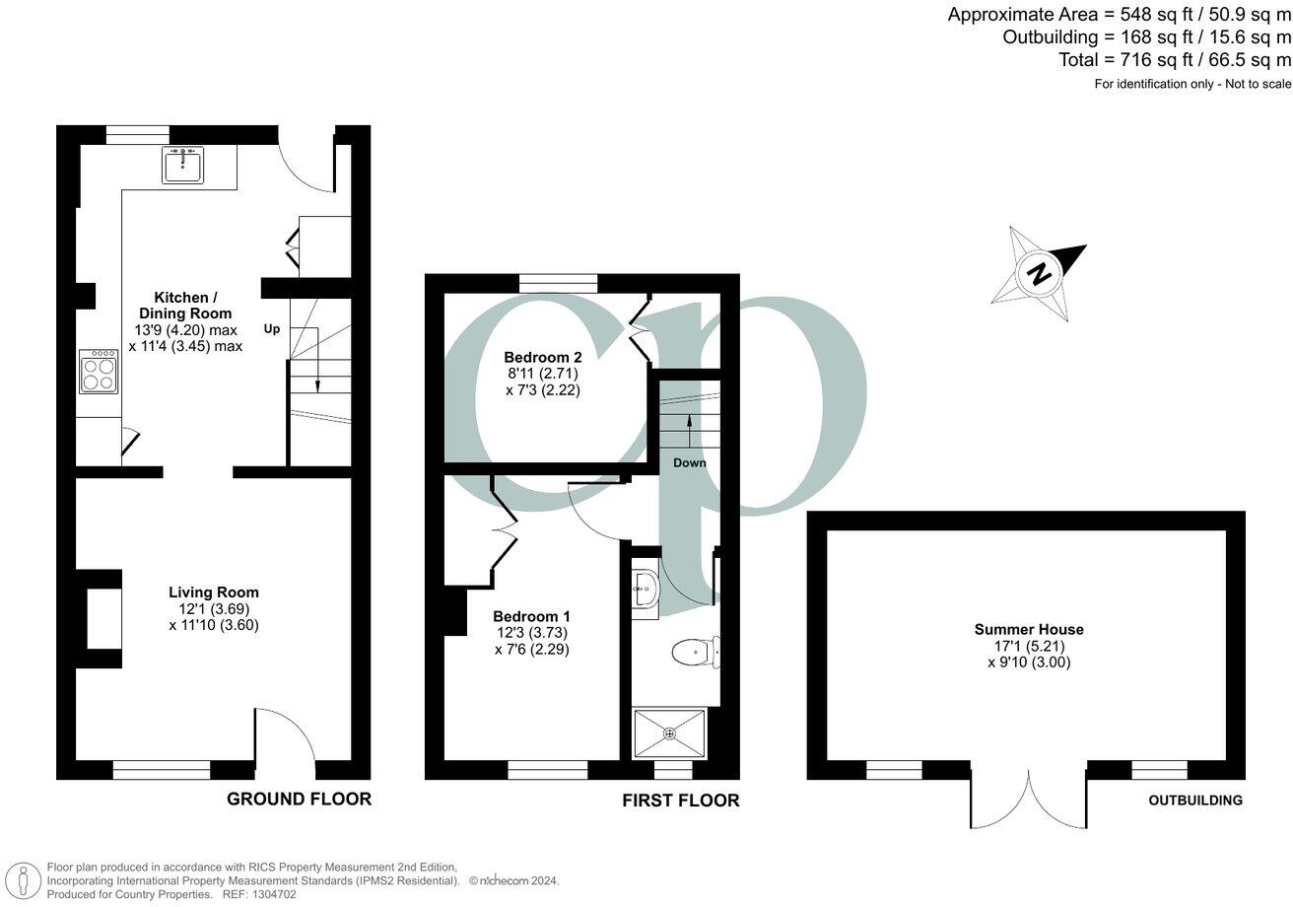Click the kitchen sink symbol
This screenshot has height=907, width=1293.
tap(182, 166)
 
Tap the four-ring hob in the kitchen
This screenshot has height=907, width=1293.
tap(99, 372)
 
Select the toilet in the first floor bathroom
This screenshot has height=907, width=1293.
tap(696, 651)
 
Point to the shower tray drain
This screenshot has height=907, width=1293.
tap(670, 733)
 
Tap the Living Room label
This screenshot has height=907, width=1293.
tap(214, 593)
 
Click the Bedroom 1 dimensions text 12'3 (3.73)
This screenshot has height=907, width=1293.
tap(531, 633)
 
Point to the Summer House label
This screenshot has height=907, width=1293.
tap(1029, 629)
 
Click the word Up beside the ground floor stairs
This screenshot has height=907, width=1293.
tap(272, 327)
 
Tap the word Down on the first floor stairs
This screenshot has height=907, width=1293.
tap(690, 462)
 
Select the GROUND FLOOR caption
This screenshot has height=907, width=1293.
tap(299, 799)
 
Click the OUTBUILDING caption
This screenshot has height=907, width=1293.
tap(1195, 801)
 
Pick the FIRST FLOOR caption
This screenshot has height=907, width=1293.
tap(680, 801)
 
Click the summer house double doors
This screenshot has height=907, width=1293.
tap(1029, 799)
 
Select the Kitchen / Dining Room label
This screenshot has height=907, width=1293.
tap(185, 306)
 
